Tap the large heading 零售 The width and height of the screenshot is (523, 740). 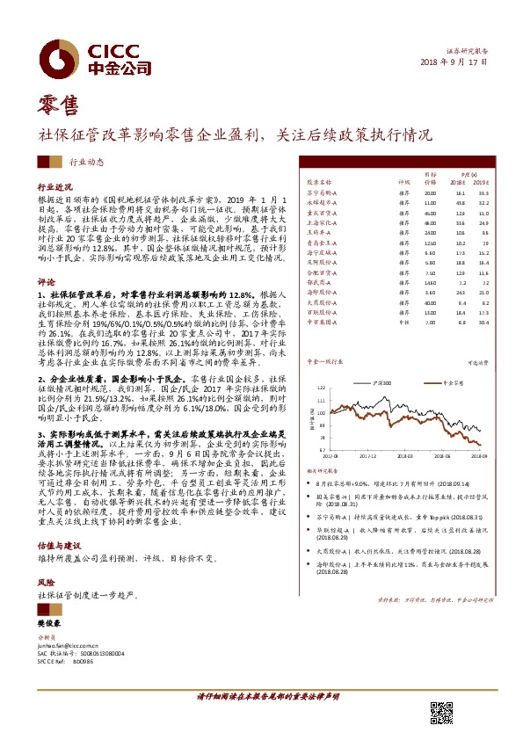click(x=59, y=107)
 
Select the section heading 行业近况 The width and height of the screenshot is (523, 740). click(x=52, y=188)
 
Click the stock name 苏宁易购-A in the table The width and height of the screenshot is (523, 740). click(x=320, y=192)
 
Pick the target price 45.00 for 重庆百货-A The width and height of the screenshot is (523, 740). click(x=429, y=213)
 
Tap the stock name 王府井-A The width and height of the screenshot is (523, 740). click(x=316, y=233)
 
